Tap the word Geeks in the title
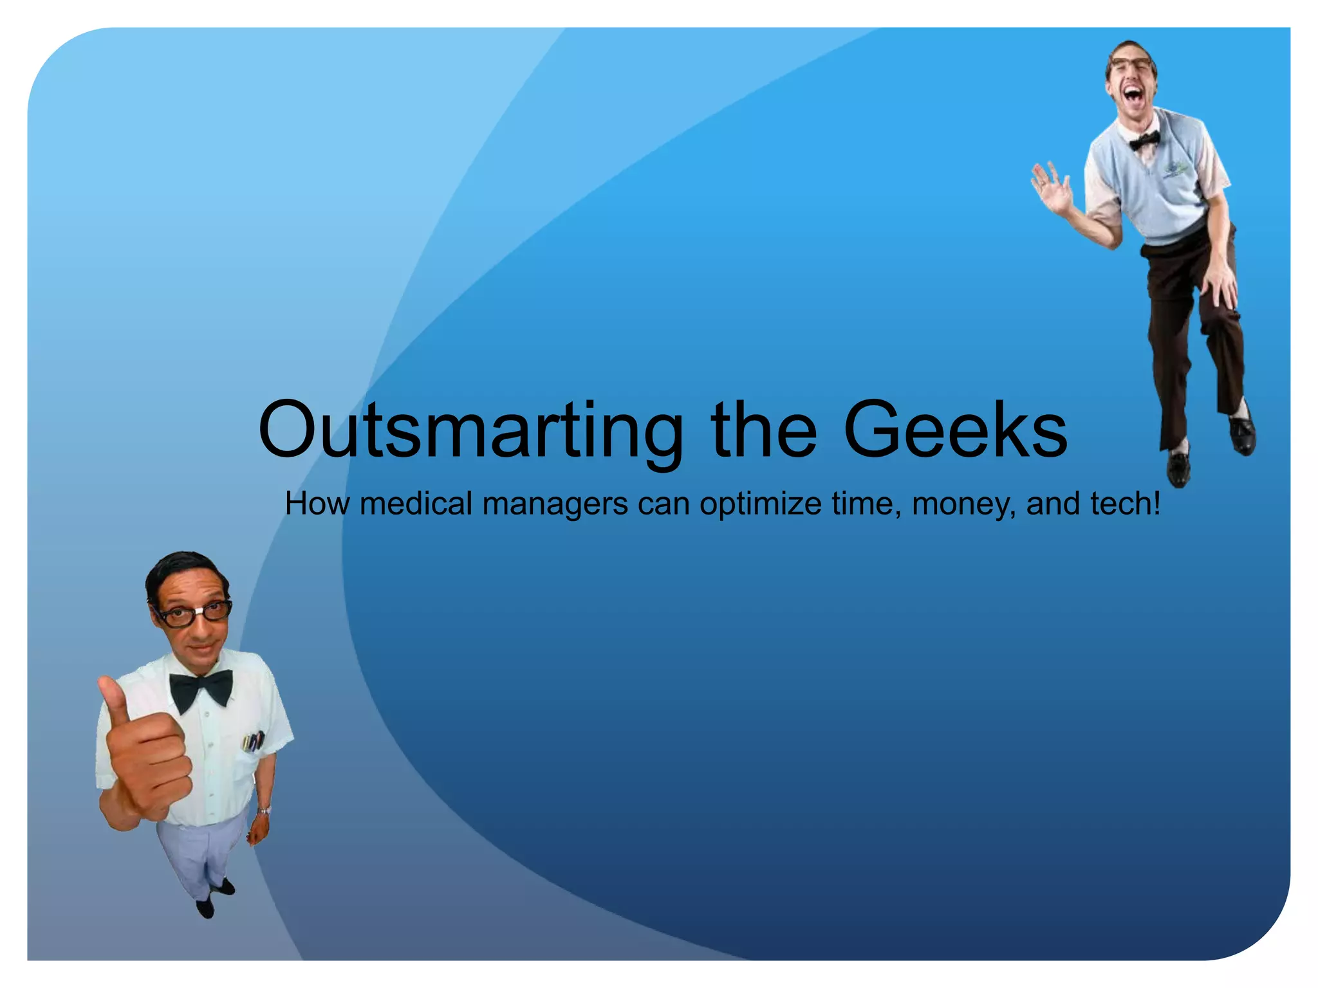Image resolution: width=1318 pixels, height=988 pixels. click(955, 430)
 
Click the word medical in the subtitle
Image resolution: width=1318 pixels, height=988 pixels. click(416, 503)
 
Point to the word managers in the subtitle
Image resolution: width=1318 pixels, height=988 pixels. click(555, 504)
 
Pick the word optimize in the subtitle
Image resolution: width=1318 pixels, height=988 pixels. click(760, 504)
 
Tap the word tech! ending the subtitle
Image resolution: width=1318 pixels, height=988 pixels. click(1126, 503)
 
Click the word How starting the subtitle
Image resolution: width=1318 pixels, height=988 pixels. click(317, 503)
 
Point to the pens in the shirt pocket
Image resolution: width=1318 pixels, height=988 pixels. click(252, 741)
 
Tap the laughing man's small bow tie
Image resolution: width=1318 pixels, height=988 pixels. click(1145, 140)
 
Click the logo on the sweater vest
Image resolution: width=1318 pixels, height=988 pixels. click(1175, 169)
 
